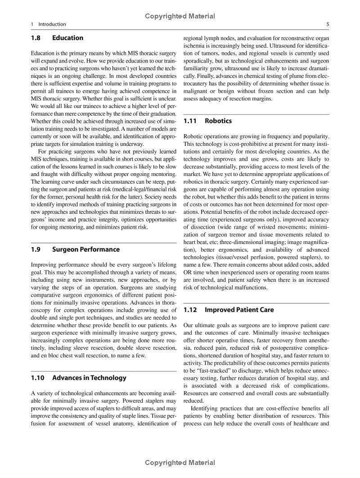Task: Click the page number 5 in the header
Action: coord(328,24)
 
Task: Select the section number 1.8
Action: coord(37,38)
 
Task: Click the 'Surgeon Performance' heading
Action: coord(86,249)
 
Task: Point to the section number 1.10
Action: coord(39,378)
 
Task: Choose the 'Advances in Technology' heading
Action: coord(90,378)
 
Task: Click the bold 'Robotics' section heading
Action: coord(218,121)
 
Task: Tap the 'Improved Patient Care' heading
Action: coord(239,310)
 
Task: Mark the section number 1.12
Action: coord(191,310)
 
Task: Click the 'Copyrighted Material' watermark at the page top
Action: coord(180,16)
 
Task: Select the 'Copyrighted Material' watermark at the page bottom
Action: coord(180,463)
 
